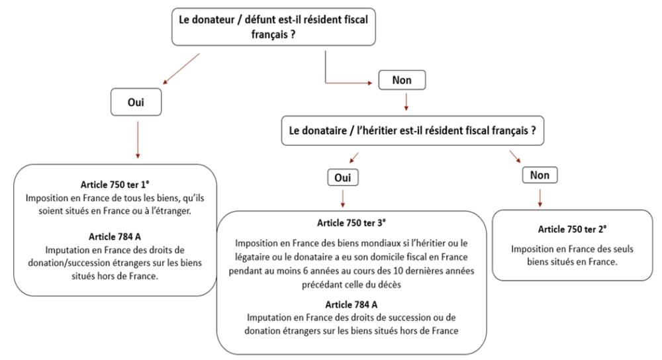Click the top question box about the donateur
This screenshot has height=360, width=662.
tap(273, 26)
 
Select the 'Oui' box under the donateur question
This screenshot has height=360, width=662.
tap(137, 103)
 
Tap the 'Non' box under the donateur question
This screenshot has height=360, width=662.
tap(402, 80)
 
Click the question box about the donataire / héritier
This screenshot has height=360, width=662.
tap(408, 131)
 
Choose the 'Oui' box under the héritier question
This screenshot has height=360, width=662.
tap(342, 178)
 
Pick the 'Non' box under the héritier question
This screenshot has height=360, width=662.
tap(540, 175)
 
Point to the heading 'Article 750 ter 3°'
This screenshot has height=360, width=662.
tap(351, 222)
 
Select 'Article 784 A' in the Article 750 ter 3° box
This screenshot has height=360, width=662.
tap(352, 304)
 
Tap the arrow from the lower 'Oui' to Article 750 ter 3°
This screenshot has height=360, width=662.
tap(343, 198)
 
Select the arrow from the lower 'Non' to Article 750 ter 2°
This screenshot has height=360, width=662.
tap(540, 197)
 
